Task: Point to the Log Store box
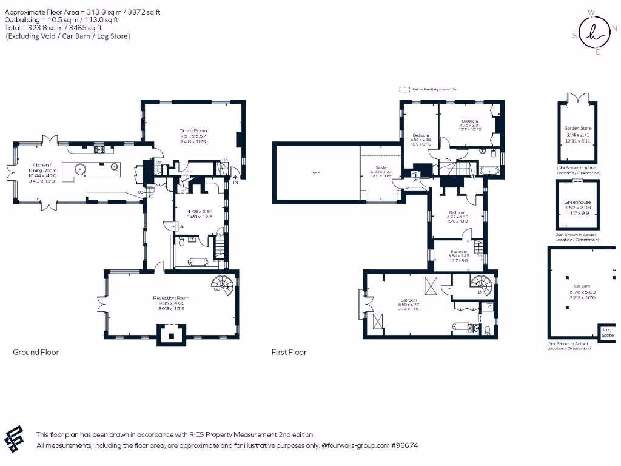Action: [607, 333]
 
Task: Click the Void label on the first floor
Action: [317, 173]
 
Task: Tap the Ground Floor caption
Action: [36, 352]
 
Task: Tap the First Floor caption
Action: [289, 352]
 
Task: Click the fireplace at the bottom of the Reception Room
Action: [171, 334]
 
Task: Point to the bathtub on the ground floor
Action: [192, 263]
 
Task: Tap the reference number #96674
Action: [404, 445]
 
